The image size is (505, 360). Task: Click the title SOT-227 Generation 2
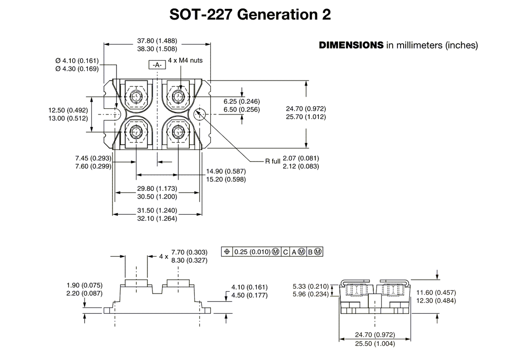pos(250,14)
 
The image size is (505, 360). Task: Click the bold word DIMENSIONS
pos(351,45)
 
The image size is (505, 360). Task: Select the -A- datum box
pos(157,65)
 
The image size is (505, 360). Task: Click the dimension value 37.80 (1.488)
pos(157,41)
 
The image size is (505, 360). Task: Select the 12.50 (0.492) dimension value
pos(69,110)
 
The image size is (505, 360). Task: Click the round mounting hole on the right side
pos(199,114)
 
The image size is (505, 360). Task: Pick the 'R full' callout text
pos(273,162)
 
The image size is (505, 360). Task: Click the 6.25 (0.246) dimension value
pos(242,101)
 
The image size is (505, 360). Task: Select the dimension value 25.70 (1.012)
pos(306,117)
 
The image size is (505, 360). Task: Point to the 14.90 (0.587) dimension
pos(226,171)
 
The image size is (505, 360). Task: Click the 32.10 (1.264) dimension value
pos(157,219)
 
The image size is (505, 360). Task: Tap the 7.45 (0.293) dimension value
pos(93,158)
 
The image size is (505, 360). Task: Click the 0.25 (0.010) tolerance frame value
pos(252,252)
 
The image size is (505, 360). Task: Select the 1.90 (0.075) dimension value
pos(85,285)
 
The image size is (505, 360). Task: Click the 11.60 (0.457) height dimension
pos(436,292)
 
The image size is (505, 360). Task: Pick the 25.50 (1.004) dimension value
pos(375,343)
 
